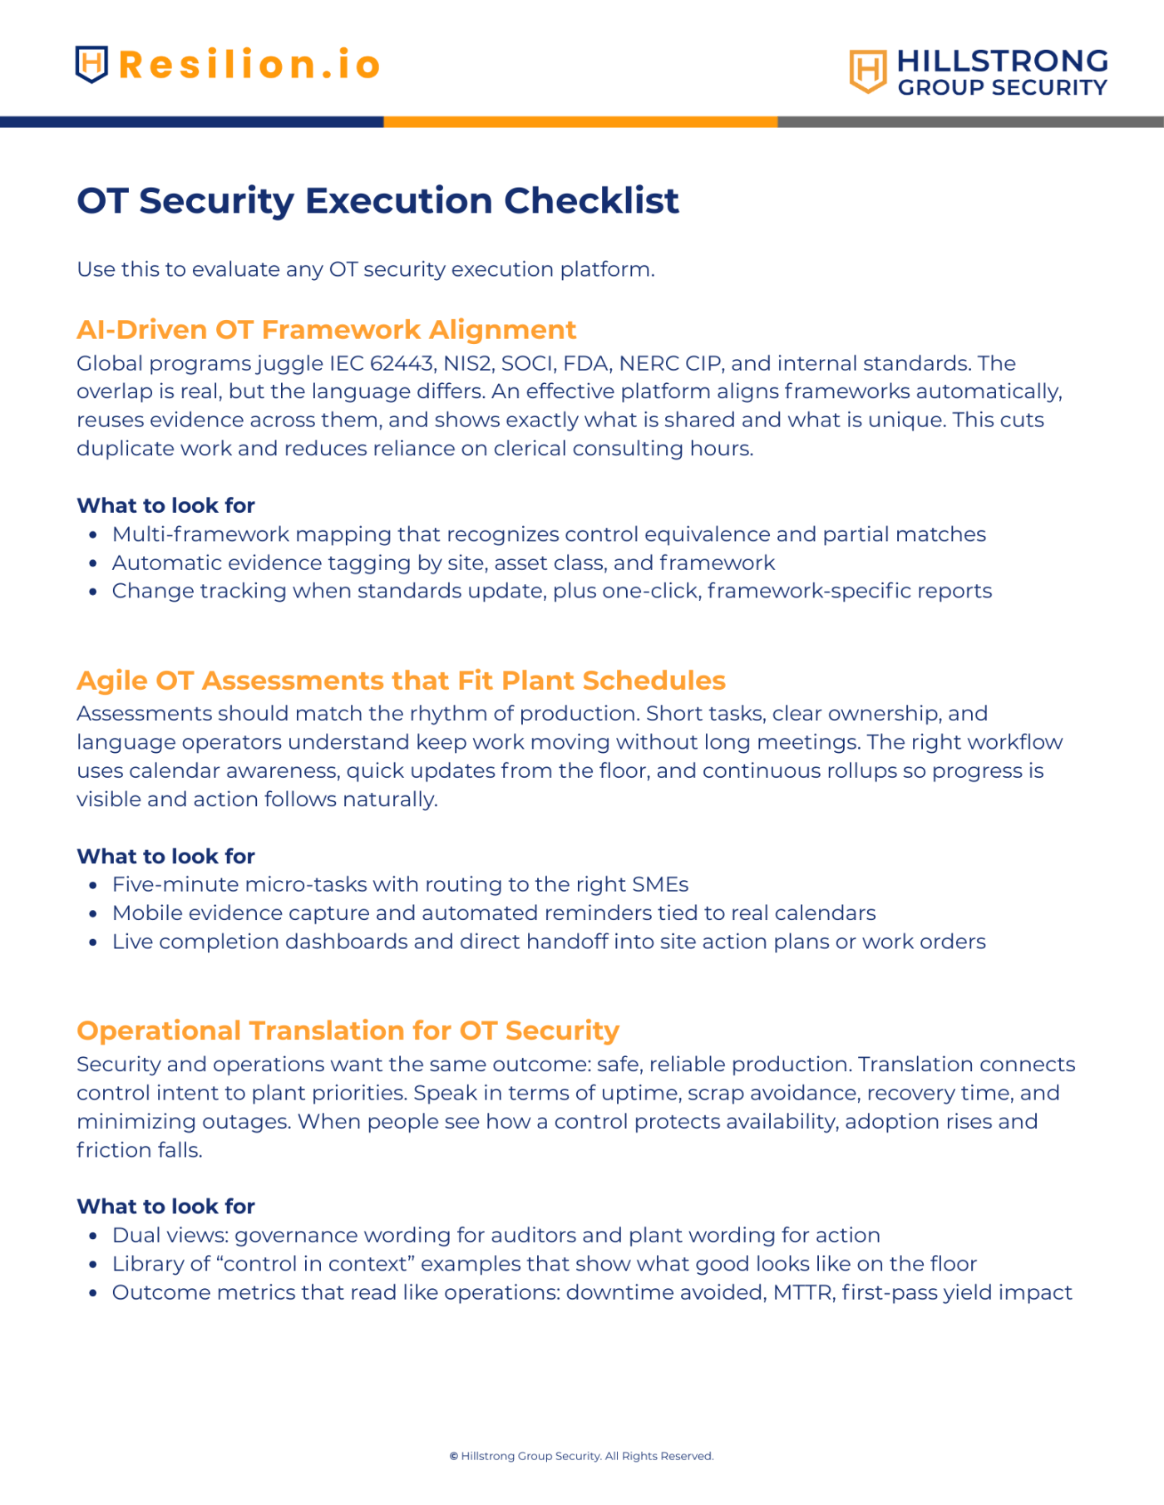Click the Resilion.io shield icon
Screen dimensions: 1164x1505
(x=91, y=64)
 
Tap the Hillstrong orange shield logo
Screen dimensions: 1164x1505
(x=867, y=71)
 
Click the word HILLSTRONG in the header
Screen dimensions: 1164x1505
(x=1003, y=61)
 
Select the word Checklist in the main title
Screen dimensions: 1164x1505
(x=591, y=200)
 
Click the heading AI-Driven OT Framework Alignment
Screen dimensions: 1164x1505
(x=326, y=330)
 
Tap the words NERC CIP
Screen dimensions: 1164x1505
(x=668, y=363)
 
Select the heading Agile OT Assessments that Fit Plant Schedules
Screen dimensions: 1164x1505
(x=401, y=681)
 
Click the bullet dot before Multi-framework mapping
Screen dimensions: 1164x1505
(x=93, y=535)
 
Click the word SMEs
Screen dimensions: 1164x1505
(x=660, y=884)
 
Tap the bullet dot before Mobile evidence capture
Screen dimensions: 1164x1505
(x=93, y=914)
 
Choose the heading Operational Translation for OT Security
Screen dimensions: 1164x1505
(x=348, y=1030)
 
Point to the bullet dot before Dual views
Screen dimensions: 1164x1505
(x=93, y=1236)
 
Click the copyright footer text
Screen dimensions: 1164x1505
(x=581, y=1456)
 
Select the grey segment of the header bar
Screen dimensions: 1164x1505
(x=970, y=122)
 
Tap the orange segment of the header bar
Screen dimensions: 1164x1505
(x=580, y=122)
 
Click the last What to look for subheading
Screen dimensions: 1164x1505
(x=165, y=1206)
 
